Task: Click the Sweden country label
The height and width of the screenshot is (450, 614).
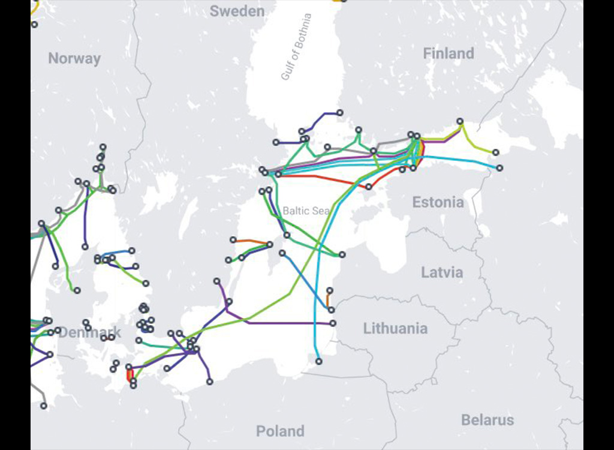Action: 237,11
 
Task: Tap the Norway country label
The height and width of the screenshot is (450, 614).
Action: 74,59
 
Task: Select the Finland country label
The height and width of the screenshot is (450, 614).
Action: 449,53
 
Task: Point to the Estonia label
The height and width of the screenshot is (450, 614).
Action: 438,202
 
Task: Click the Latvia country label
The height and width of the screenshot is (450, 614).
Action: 442,272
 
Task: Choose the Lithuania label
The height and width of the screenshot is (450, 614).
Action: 395,328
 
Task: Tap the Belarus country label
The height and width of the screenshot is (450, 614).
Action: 487,420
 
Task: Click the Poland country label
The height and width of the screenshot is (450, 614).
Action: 280,431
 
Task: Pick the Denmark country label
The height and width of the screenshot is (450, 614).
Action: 90,332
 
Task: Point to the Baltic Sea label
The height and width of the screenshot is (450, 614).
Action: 306,211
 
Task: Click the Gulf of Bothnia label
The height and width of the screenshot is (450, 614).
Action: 297,47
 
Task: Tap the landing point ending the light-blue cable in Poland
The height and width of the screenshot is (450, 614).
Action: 319,361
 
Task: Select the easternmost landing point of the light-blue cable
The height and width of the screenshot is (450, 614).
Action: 499,167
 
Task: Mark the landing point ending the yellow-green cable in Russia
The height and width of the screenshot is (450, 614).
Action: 495,152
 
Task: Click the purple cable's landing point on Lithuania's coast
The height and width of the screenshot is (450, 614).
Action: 333,323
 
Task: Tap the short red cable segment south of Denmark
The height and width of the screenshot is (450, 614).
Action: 130,373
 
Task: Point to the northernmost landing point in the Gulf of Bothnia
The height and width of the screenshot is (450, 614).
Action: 340,112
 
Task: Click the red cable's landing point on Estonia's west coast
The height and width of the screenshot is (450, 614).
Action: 369,187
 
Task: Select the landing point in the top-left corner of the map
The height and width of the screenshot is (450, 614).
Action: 34,25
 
